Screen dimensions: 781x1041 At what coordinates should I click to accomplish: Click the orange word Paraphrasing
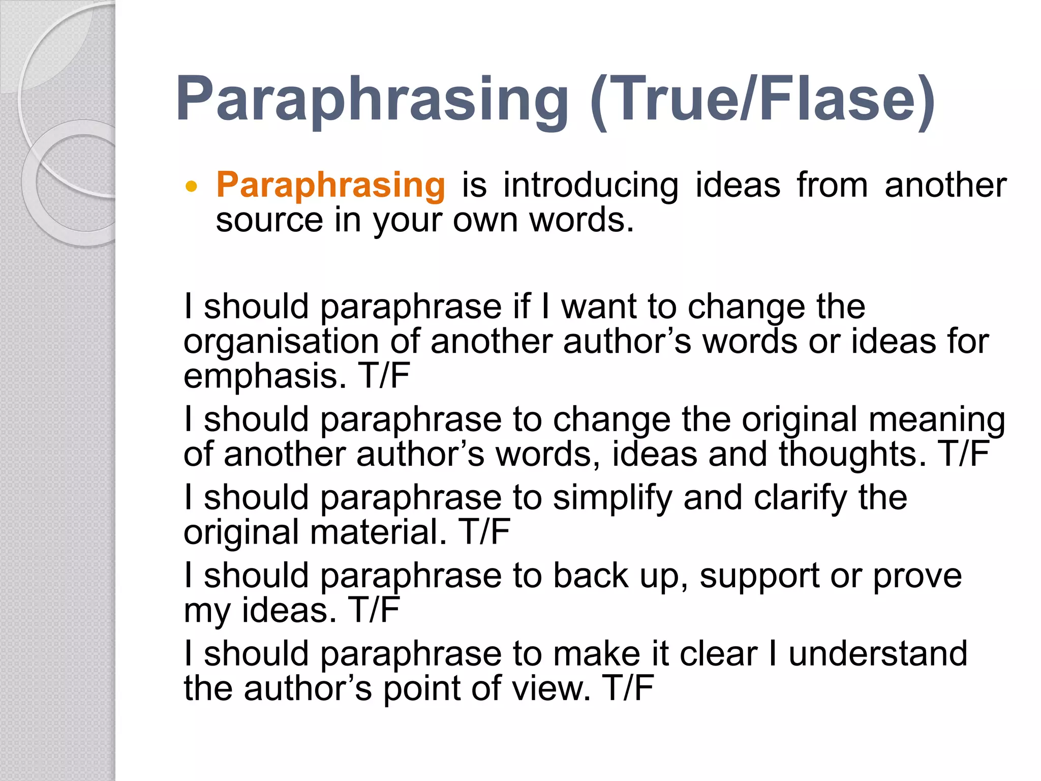(x=330, y=185)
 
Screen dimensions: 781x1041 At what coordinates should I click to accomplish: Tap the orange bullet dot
(x=191, y=187)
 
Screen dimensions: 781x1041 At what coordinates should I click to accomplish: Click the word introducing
(x=591, y=185)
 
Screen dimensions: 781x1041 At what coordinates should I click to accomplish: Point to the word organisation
(x=281, y=342)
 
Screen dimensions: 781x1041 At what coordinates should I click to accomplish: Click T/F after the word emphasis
(x=384, y=376)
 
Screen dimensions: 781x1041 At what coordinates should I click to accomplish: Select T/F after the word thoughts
(x=964, y=454)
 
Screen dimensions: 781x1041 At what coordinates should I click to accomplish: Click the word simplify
(x=613, y=498)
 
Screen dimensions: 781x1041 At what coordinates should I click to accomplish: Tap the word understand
(x=878, y=654)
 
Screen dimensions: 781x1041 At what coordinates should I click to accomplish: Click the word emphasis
(x=264, y=376)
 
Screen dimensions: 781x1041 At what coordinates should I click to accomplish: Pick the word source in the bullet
(x=269, y=221)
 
